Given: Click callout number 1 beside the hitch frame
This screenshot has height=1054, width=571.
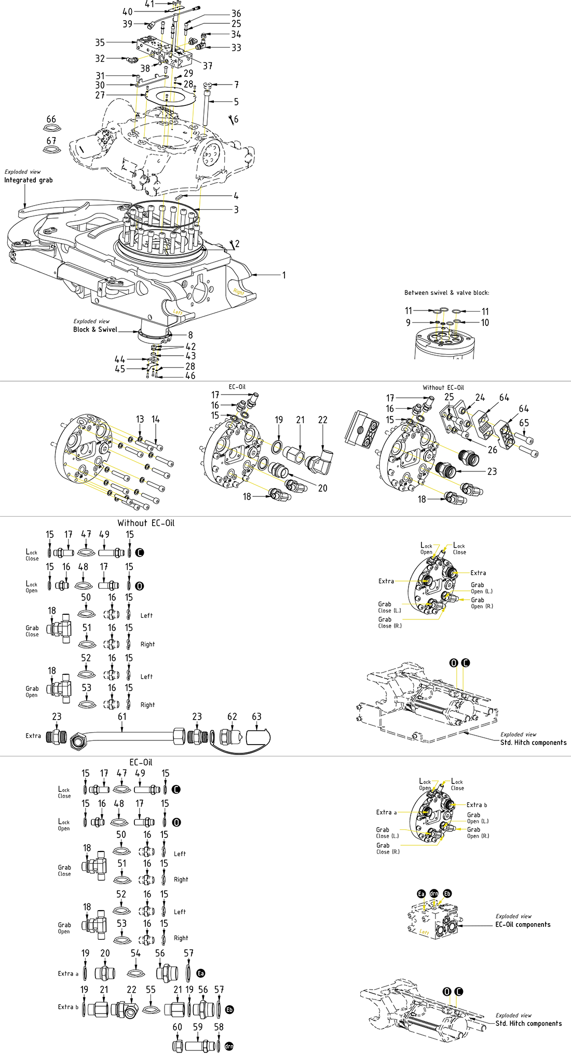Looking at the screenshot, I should point(284,275).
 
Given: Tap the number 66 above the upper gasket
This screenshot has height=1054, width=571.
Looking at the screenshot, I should point(51,119).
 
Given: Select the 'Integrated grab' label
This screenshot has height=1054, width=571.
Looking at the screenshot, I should point(29,180).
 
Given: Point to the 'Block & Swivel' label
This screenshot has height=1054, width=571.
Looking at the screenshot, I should point(95,329).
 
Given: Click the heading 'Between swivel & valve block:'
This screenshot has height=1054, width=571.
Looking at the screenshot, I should point(446,293).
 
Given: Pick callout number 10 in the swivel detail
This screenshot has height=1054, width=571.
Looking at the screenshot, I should point(485,322).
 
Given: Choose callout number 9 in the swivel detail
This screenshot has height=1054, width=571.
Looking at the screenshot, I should point(409,322).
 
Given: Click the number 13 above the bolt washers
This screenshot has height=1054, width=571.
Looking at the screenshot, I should point(140,420).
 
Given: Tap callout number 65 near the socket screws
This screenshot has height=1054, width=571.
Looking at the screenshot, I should point(524,423).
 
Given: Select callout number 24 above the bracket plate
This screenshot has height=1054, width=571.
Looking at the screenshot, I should point(480,398).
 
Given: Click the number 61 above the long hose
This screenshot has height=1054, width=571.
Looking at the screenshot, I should point(122,717).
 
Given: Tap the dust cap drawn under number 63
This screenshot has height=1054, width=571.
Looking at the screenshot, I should point(257,737).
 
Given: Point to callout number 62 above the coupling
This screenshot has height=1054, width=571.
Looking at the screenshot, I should point(232,717).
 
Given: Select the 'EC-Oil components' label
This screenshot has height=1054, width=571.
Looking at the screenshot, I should point(523,925).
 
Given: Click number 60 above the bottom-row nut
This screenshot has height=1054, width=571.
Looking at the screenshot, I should point(178,1027).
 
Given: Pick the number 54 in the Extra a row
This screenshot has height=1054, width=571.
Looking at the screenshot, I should point(135,953).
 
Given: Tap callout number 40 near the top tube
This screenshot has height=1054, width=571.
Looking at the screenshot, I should point(128,11).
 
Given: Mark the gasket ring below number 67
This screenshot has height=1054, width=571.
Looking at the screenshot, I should point(51,150).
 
